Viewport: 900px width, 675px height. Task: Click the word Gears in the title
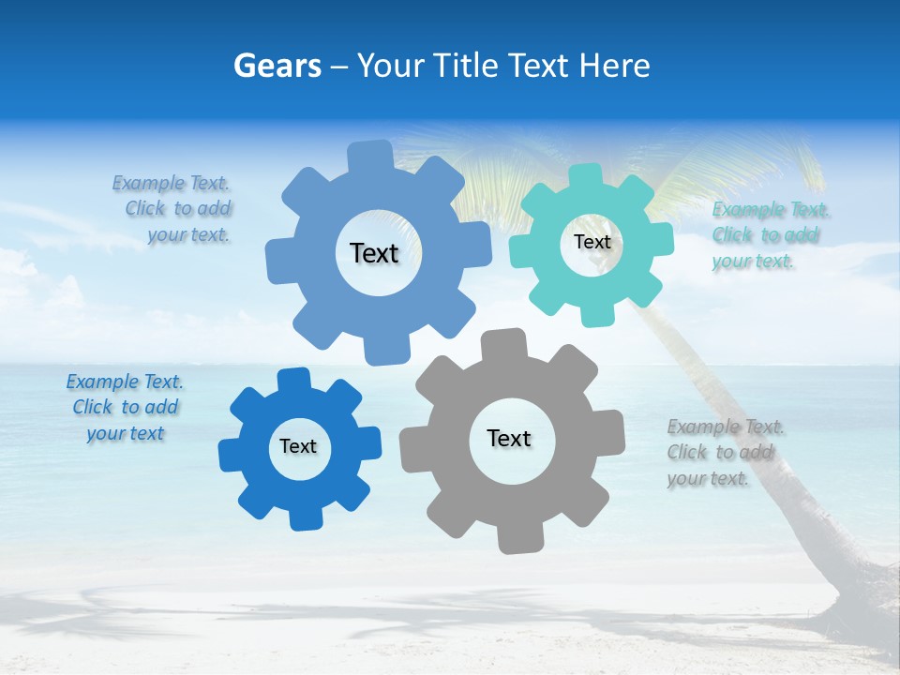click(x=277, y=66)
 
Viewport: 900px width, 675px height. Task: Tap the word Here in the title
click(x=614, y=66)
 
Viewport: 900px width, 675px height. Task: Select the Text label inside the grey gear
click(x=509, y=439)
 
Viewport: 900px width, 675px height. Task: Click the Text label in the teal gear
click(x=592, y=242)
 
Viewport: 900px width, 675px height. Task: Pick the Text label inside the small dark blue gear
click(x=298, y=447)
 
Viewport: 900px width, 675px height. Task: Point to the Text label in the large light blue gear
click(x=374, y=253)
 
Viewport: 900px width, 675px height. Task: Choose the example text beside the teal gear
click(x=771, y=235)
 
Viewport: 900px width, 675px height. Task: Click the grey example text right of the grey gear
click(x=725, y=453)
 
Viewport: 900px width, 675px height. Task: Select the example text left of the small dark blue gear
click(x=125, y=408)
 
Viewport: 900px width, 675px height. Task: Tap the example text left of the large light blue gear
click(x=175, y=209)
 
